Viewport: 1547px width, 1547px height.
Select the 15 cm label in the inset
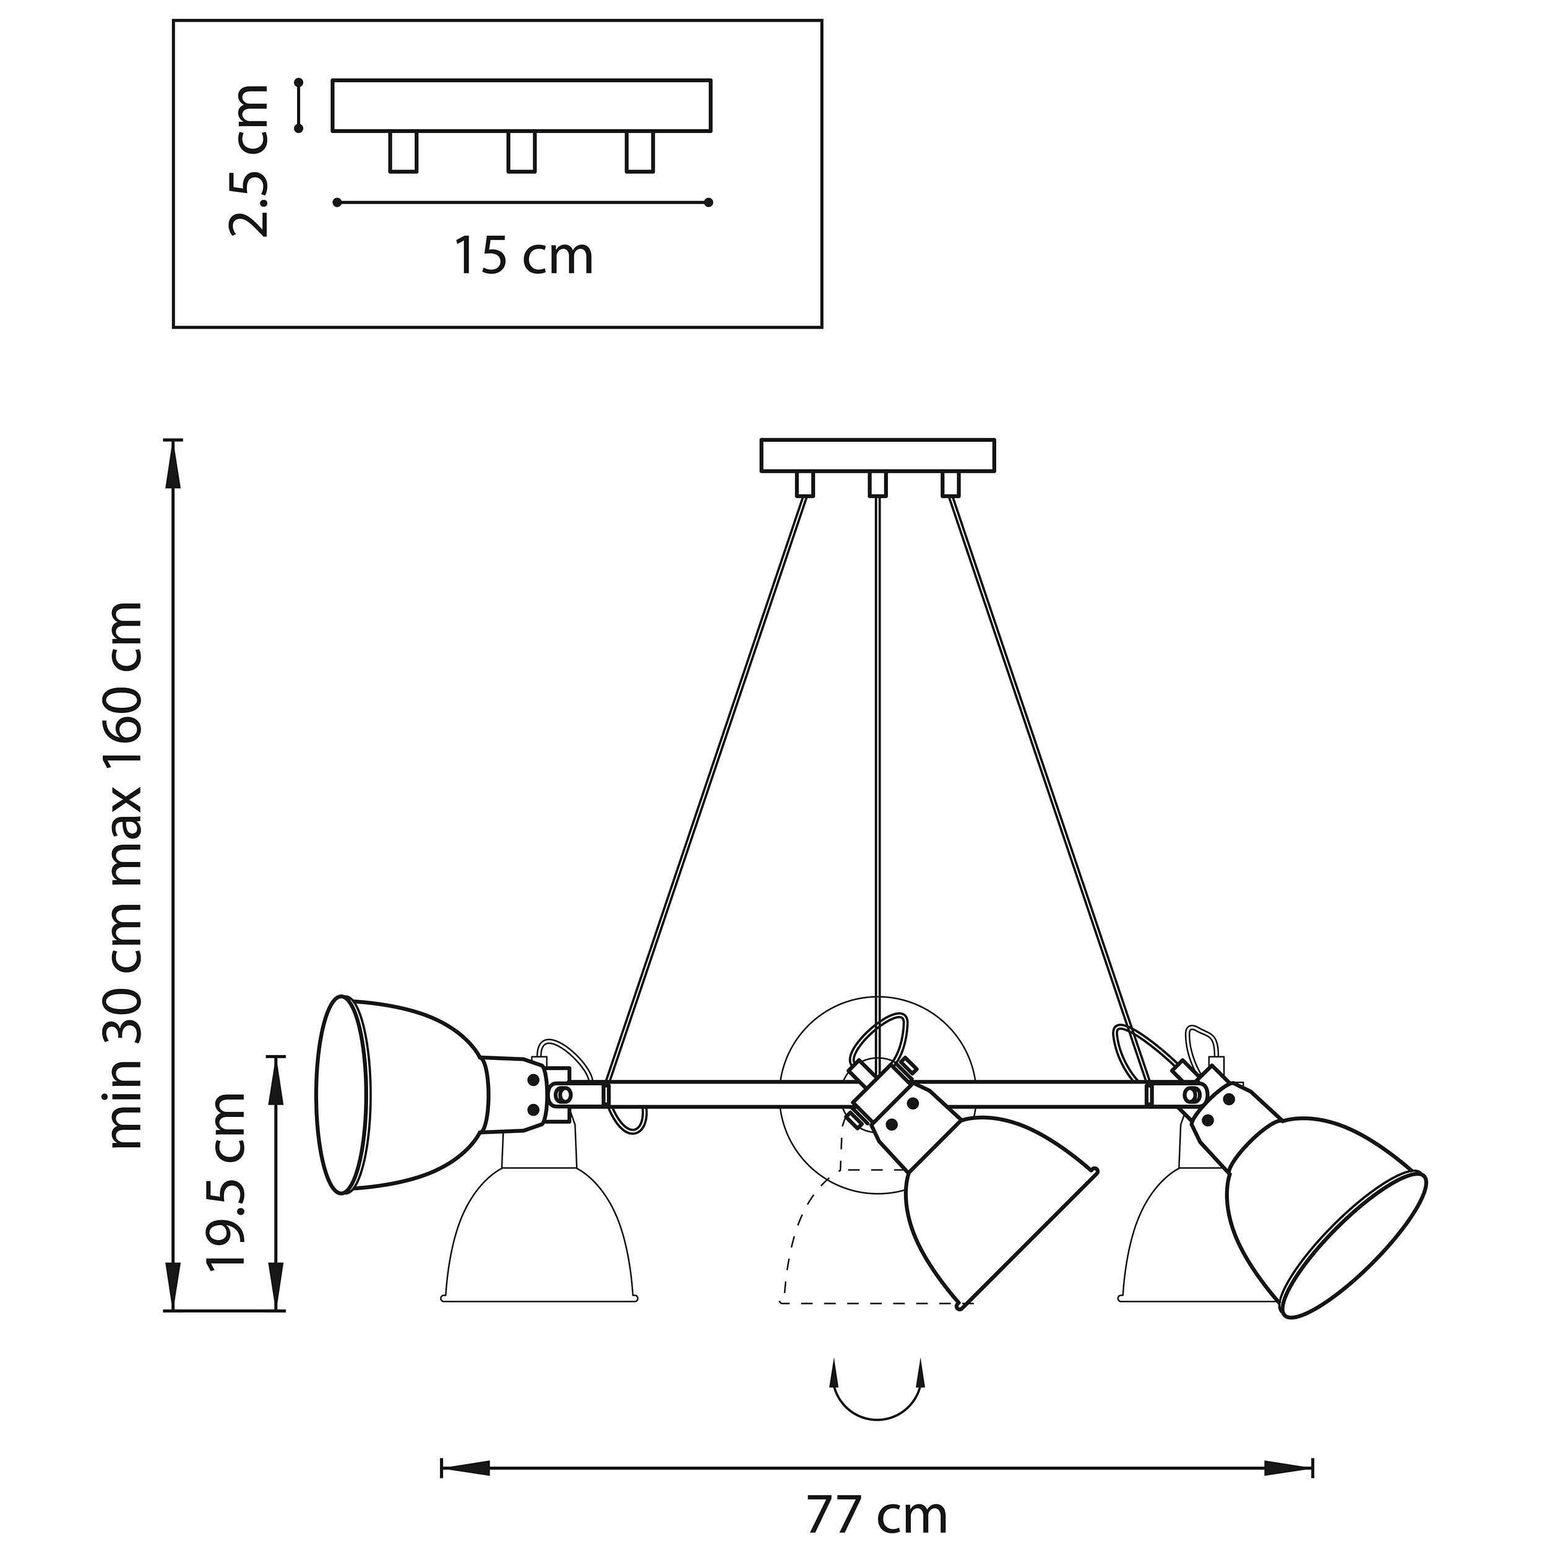(x=525, y=256)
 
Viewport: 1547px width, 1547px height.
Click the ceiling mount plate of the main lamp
(x=877, y=455)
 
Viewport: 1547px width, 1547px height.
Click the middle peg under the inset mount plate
(x=521, y=152)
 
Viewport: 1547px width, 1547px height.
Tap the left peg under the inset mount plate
(x=403, y=152)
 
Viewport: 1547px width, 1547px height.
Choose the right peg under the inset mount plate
(x=640, y=152)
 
